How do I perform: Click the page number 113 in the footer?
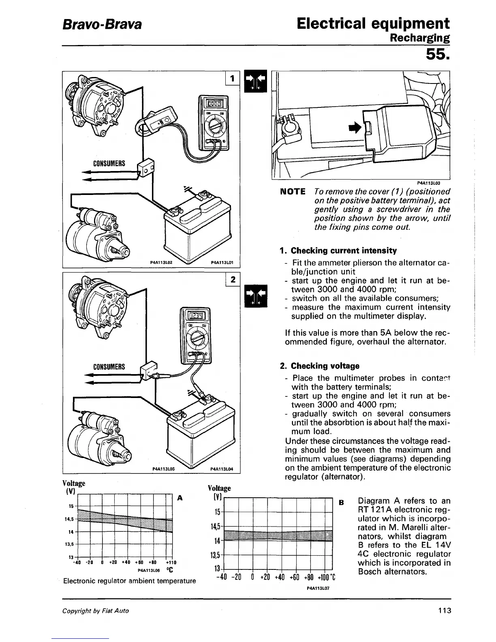[x=444, y=610]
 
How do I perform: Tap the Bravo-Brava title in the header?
[x=102, y=24]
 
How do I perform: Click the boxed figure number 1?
[x=232, y=79]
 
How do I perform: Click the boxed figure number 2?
[x=232, y=280]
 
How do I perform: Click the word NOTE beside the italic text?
[x=292, y=191]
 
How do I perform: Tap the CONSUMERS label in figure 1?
[x=109, y=164]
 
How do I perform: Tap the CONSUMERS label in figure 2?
[x=109, y=367]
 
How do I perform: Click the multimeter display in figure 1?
[x=213, y=104]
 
